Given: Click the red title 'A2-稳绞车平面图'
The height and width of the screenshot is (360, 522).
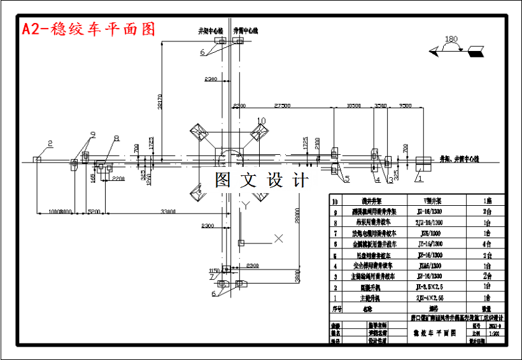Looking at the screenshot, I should (x=88, y=29).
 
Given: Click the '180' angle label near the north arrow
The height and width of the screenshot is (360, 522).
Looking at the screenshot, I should (x=451, y=40).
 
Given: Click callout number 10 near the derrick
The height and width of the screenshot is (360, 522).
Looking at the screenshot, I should (x=261, y=120).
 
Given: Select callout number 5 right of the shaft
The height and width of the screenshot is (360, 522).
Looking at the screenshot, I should (x=347, y=180).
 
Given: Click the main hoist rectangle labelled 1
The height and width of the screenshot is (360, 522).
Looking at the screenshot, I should (x=423, y=161).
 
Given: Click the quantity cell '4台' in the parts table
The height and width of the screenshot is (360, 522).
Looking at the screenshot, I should (x=486, y=243).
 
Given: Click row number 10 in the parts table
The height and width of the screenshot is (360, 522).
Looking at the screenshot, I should (x=337, y=199).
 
